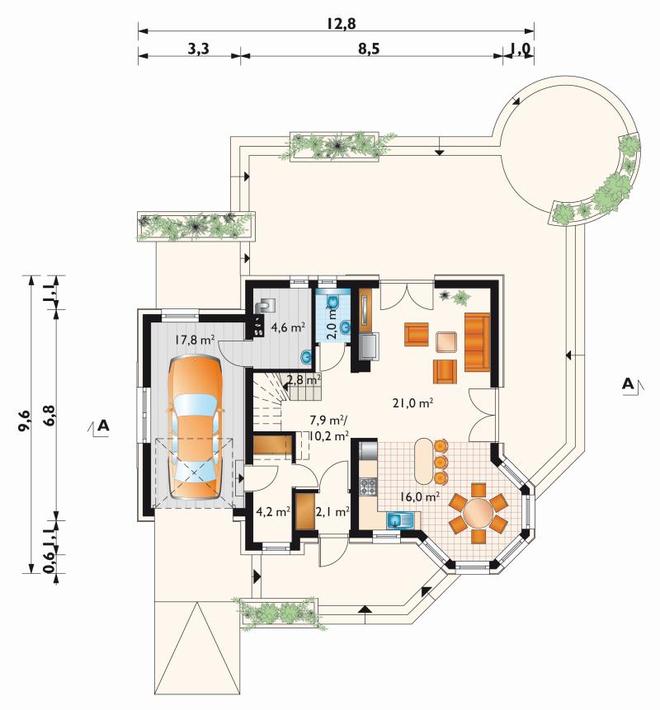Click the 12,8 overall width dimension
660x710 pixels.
(x=342, y=23)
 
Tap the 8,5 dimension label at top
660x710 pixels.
(x=368, y=49)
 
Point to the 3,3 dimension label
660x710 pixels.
(x=198, y=49)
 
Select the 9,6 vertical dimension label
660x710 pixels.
(x=24, y=421)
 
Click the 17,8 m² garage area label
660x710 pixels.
(x=194, y=340)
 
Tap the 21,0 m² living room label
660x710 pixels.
(x=414, y=403)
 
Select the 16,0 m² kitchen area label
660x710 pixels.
(x=420, y=497)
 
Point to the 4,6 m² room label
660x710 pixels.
(x=287, y=327)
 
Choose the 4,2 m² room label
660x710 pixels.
(x=273, y=512)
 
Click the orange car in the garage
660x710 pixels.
(x=196, y=427)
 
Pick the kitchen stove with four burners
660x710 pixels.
(x=368, y=487)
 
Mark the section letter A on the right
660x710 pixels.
(x=627, y=384)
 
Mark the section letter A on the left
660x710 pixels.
(x=104, y=426)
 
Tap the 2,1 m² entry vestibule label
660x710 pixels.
(x=332, y=512)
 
